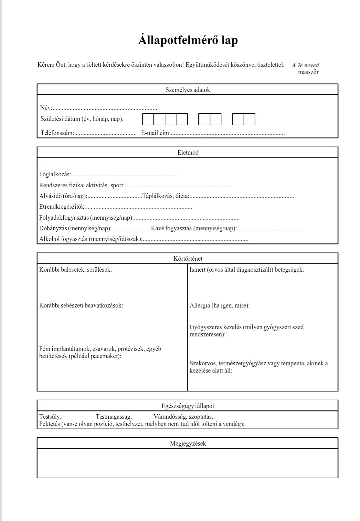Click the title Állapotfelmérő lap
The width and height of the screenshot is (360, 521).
coord(188,40)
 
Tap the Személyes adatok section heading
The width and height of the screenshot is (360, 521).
coord(188,90)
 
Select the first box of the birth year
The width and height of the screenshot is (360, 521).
coord(148,119)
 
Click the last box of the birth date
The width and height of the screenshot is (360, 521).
coord(250,119)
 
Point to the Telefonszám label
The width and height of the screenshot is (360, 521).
coord(57,133)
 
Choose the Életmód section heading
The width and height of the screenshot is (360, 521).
coord(188,153)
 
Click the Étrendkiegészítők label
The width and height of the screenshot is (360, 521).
coord(62,207)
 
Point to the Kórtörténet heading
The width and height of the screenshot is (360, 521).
coord(188,259)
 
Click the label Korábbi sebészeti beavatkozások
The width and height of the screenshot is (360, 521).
coord(81,305)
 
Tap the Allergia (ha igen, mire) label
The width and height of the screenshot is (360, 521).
coord(220,305)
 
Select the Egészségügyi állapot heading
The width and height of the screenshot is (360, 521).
coord(188,406)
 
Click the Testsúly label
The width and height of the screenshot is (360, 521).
coord(50,417)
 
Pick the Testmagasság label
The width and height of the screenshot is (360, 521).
coord(114,417)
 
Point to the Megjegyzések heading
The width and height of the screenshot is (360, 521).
coord(188,444)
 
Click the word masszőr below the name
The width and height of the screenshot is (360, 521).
coord(308,72)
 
